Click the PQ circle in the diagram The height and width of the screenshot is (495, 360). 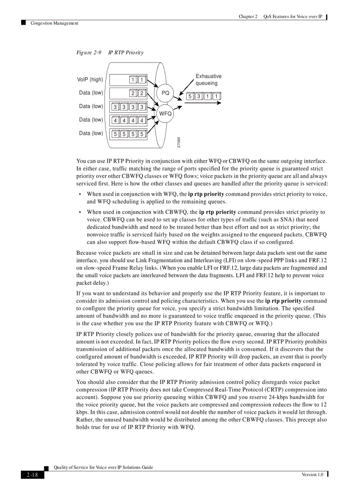coord(165,93)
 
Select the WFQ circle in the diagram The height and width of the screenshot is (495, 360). coord(165,114)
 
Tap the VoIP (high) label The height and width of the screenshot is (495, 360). coord(90,80)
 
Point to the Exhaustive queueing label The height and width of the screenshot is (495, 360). coord(208,80)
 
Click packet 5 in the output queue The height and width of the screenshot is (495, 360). coord(190,96)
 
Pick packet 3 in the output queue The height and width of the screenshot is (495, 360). coord(199,96)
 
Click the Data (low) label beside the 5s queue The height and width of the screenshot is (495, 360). coord(91,133)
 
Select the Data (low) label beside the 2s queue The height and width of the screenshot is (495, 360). coord(91,93)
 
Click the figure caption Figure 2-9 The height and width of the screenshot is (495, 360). coord(89,52)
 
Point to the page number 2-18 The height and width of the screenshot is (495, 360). coord(32,475)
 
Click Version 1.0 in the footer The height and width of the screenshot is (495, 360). coord(312,474)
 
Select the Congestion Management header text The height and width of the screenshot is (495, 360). coord(54,23)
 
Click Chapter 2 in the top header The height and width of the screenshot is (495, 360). coord(248,17)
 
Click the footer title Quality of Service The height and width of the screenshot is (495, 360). coord(103,467)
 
